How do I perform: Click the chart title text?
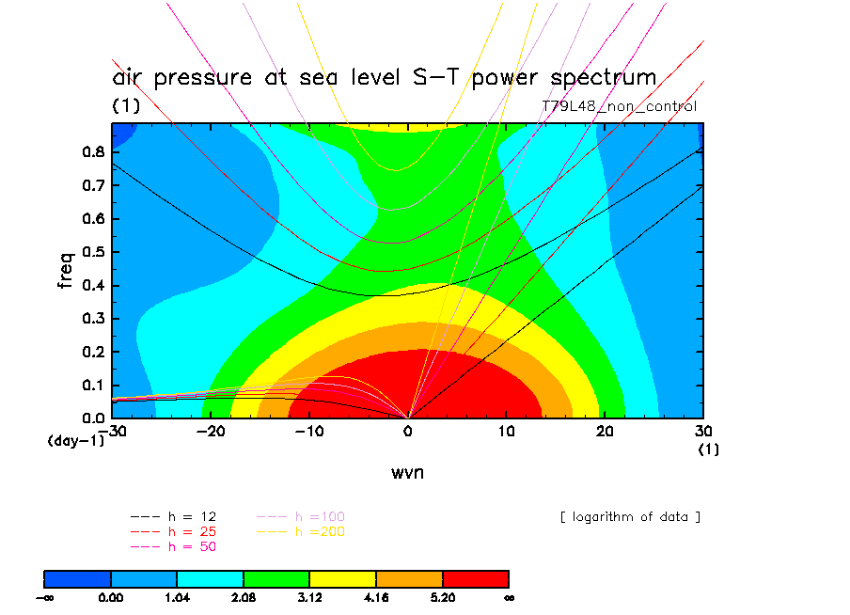384,77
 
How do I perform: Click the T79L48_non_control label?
620,106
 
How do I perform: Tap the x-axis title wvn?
407,472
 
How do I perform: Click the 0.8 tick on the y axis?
94,152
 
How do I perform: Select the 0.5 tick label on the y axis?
94,252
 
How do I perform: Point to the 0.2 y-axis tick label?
94,352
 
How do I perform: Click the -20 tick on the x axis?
211,432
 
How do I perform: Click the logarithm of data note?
630,517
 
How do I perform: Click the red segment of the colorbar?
476,577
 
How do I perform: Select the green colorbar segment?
276,577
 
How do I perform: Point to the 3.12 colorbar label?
310,597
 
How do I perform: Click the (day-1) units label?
76,440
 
